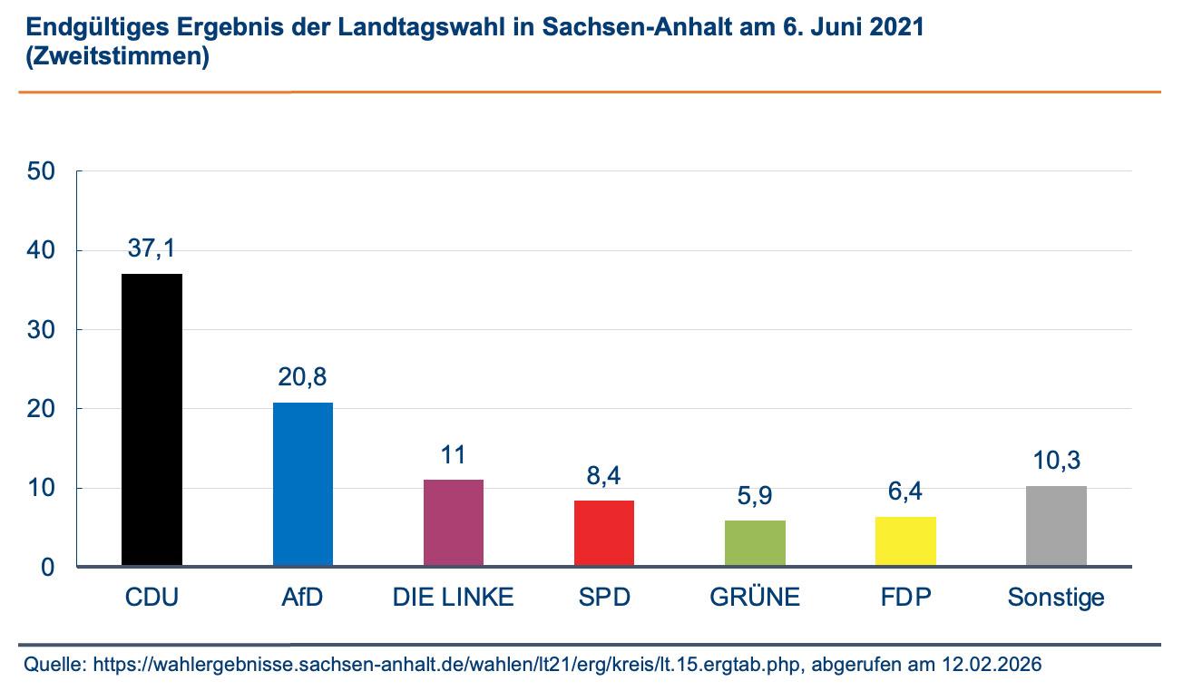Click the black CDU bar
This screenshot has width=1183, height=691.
tap(152, 420)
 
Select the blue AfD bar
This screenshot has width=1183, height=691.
tap(302, 484)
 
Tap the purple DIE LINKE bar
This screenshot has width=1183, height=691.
tap(453, 523)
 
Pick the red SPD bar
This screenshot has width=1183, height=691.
tap(603, 533)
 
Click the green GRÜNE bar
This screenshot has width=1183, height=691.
tap(755, 543)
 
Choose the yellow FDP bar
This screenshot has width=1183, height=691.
tap(905, 541)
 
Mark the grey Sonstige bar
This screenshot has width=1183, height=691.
tap(1056, 526)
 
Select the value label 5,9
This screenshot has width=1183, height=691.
tap(755, 496)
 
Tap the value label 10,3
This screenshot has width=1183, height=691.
tap(1056, 462)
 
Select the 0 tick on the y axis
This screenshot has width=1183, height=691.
tap(47, 568)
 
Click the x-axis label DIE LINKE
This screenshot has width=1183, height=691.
tap(453, 598)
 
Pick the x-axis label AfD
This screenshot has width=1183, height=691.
tap(302, 598)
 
